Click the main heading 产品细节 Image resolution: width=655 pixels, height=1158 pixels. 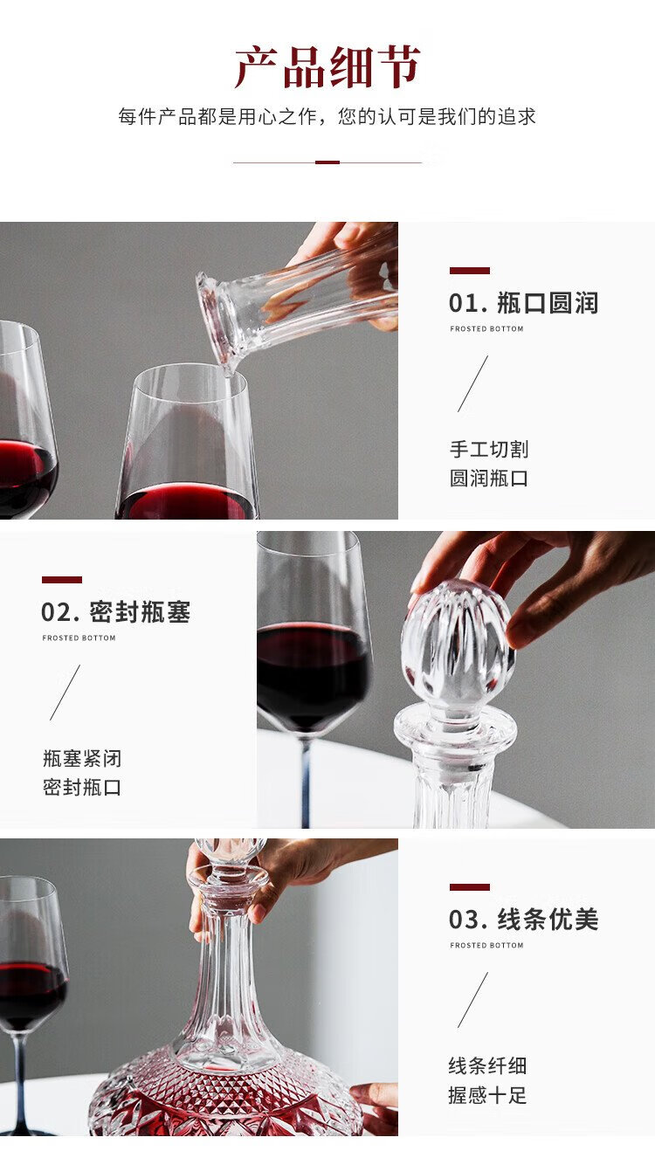coord(327,66)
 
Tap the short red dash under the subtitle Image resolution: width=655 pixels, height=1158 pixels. coord(327,162)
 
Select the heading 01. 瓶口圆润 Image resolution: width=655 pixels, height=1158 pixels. coord(523,303)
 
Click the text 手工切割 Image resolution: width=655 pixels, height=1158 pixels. coord(489,449)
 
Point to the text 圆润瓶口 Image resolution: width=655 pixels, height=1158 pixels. coord(489,479)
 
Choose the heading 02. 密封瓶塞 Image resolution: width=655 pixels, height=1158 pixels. coord(116,612)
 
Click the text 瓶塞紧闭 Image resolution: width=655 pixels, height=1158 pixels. coord(82,758)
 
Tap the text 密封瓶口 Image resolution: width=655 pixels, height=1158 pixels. coord(82,788)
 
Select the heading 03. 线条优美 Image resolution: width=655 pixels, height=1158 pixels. coord(523,920)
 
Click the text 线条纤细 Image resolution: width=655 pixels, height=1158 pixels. coord(487,1065)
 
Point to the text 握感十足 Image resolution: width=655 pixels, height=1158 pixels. coord(487,1095)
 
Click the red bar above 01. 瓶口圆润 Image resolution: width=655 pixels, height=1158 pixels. coord(469,271)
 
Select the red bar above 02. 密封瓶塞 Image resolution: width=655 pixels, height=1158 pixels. coord(62,580)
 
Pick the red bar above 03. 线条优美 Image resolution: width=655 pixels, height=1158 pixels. coord(469,887)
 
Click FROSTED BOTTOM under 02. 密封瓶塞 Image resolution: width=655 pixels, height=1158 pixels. coord(79,638)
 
